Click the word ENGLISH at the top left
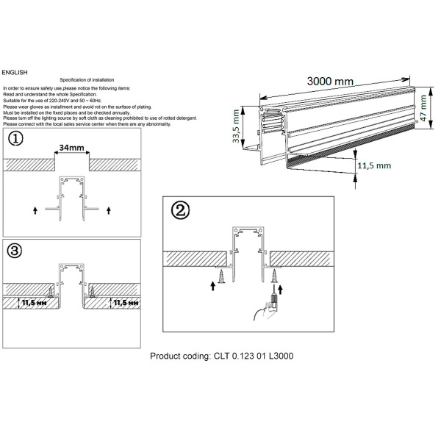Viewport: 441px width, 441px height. point(15,73)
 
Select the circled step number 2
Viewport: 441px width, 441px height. point(180,210)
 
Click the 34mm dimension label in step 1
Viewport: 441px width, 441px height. point(71,148)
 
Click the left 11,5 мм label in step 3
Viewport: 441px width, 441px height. point(32,302)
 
